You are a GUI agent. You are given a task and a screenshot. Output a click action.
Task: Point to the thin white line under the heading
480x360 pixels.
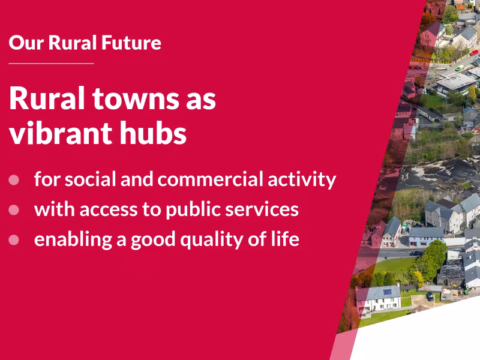(52, 63)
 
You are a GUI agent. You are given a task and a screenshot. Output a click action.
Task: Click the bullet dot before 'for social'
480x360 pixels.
(14, 179)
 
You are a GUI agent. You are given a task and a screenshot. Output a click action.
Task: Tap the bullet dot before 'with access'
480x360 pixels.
(14, 209)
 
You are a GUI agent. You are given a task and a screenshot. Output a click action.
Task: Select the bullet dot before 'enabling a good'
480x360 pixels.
(14, 239)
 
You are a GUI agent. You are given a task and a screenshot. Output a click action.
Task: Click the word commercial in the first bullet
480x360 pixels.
(205, 179)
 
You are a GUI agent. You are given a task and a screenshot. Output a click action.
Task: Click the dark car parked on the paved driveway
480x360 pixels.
(430, 296)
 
